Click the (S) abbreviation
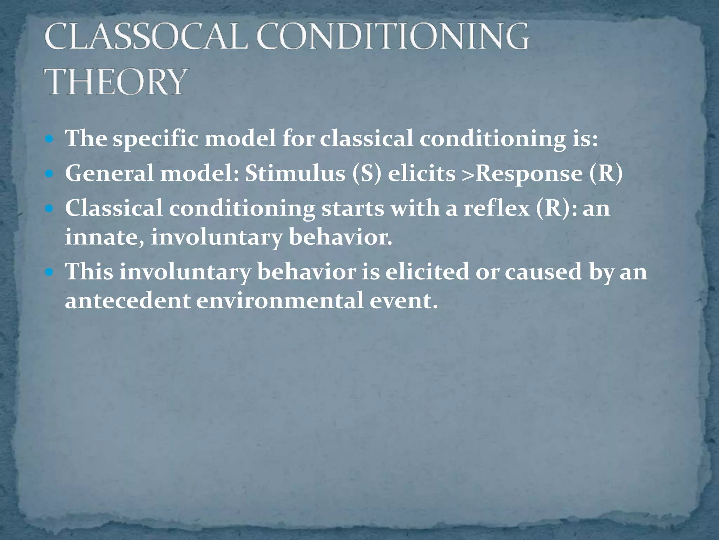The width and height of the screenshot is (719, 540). click(x=367, y=174)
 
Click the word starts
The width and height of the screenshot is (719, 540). click(x=352, y=208)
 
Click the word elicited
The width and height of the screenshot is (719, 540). click(x=427, y=272)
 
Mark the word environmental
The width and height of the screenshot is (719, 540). click(x=279, y=301)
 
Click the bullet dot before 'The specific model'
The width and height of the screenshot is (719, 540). click(x=50, y=139)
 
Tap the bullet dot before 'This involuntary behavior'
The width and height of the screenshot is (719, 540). click(x=50, y=272)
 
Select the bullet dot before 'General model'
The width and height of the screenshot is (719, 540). click(x=50, y=174)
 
